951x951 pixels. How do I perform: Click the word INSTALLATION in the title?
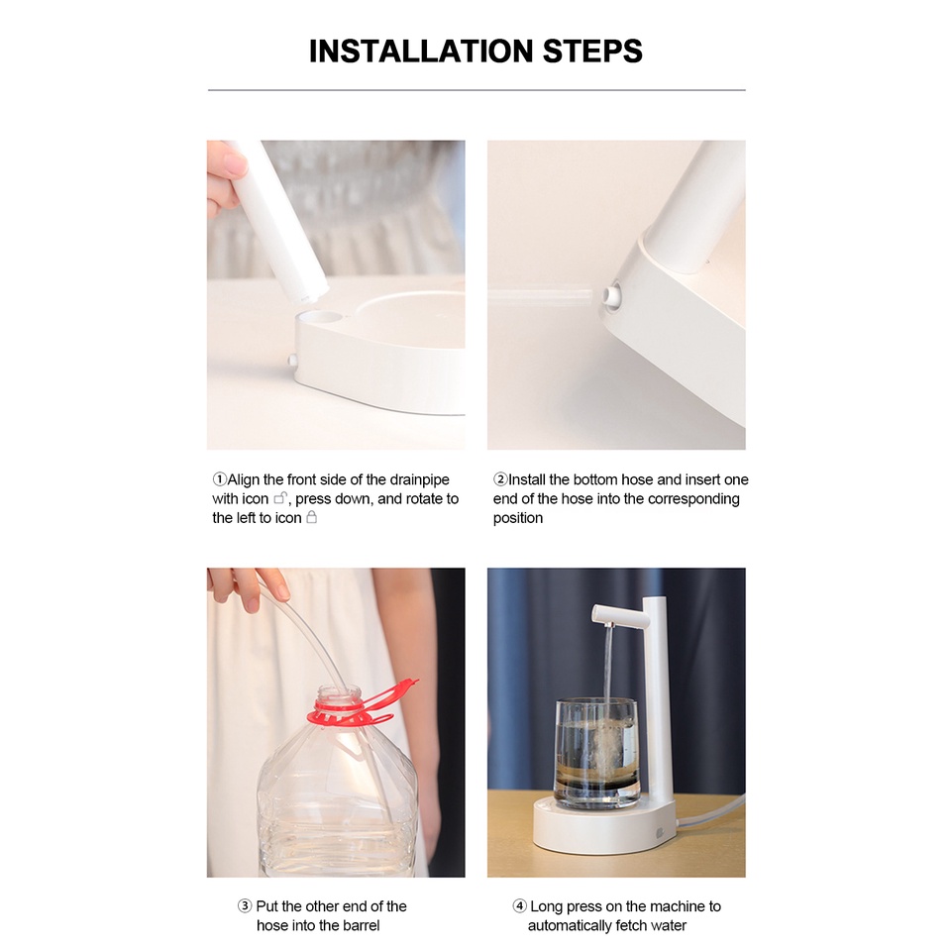click(422, 52)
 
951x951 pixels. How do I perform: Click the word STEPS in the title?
click(592, 52)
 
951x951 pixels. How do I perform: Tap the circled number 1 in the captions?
click(219, 479)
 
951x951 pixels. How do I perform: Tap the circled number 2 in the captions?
click(500, 479)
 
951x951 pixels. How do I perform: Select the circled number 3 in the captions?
click(245, 906)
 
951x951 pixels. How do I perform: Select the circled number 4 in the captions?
click(519, 906)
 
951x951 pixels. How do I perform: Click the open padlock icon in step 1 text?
click(280, 498)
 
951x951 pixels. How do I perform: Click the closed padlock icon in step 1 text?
click(311, 517)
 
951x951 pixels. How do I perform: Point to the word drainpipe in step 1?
click(419, 480)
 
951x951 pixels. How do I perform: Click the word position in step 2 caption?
click(518, 518)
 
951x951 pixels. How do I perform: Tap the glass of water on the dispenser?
click(596, 754)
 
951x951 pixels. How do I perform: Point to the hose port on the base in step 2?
click(611, 295)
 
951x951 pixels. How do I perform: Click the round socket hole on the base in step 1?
click(320, 317)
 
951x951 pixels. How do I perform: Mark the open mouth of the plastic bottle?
click(339, 690)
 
